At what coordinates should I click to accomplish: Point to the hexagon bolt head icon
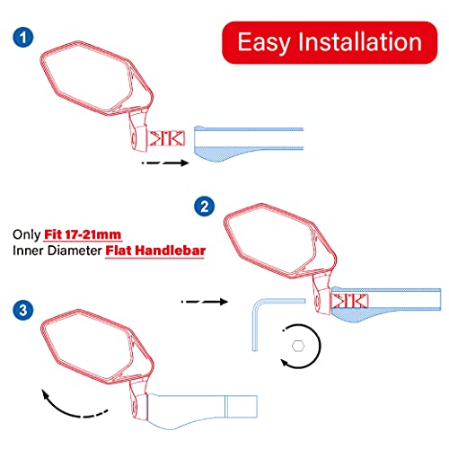298,345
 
